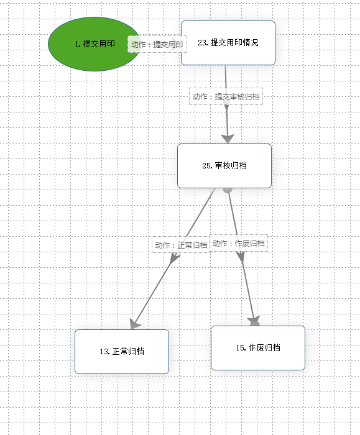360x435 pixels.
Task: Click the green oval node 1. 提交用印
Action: point(94,44)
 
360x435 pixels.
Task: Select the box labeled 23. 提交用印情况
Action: point(228,43)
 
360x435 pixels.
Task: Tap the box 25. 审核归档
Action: point(224,166)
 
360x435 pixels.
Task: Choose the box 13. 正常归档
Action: point(122,352)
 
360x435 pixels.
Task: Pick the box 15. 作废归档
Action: point(258,348)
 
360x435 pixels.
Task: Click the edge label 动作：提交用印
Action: point(157,44)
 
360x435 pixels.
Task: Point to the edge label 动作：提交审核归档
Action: point(226,96)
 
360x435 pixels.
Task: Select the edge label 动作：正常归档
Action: point(181,245)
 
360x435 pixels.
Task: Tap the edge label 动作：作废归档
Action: point(238,244)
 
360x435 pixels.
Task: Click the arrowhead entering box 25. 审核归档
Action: point(228,139)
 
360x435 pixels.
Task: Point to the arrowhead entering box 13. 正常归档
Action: point(135,324)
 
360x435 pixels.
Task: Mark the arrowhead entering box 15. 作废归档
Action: point(254,321)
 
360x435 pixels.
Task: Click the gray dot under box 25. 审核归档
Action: point(228,190)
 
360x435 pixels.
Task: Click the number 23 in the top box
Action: point(202,43)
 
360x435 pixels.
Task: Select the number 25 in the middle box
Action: point(206,166)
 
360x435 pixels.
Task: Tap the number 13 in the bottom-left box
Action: point(104,352)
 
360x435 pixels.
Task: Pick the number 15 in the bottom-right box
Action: point(241,348)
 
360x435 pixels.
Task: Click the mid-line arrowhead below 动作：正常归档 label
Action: point(174,258)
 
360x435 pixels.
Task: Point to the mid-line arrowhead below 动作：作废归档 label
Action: point(241,257)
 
